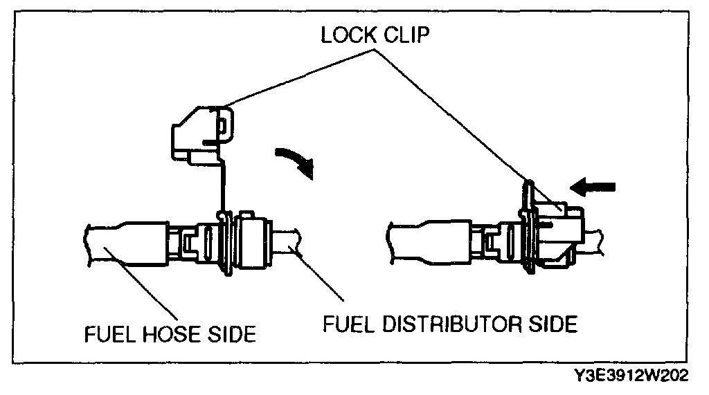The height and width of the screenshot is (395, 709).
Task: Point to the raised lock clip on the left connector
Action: click(199, 133)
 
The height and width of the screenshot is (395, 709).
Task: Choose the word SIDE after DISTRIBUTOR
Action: click(550, 324)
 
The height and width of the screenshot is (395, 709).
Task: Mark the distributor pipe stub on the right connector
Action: click(599, 239)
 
